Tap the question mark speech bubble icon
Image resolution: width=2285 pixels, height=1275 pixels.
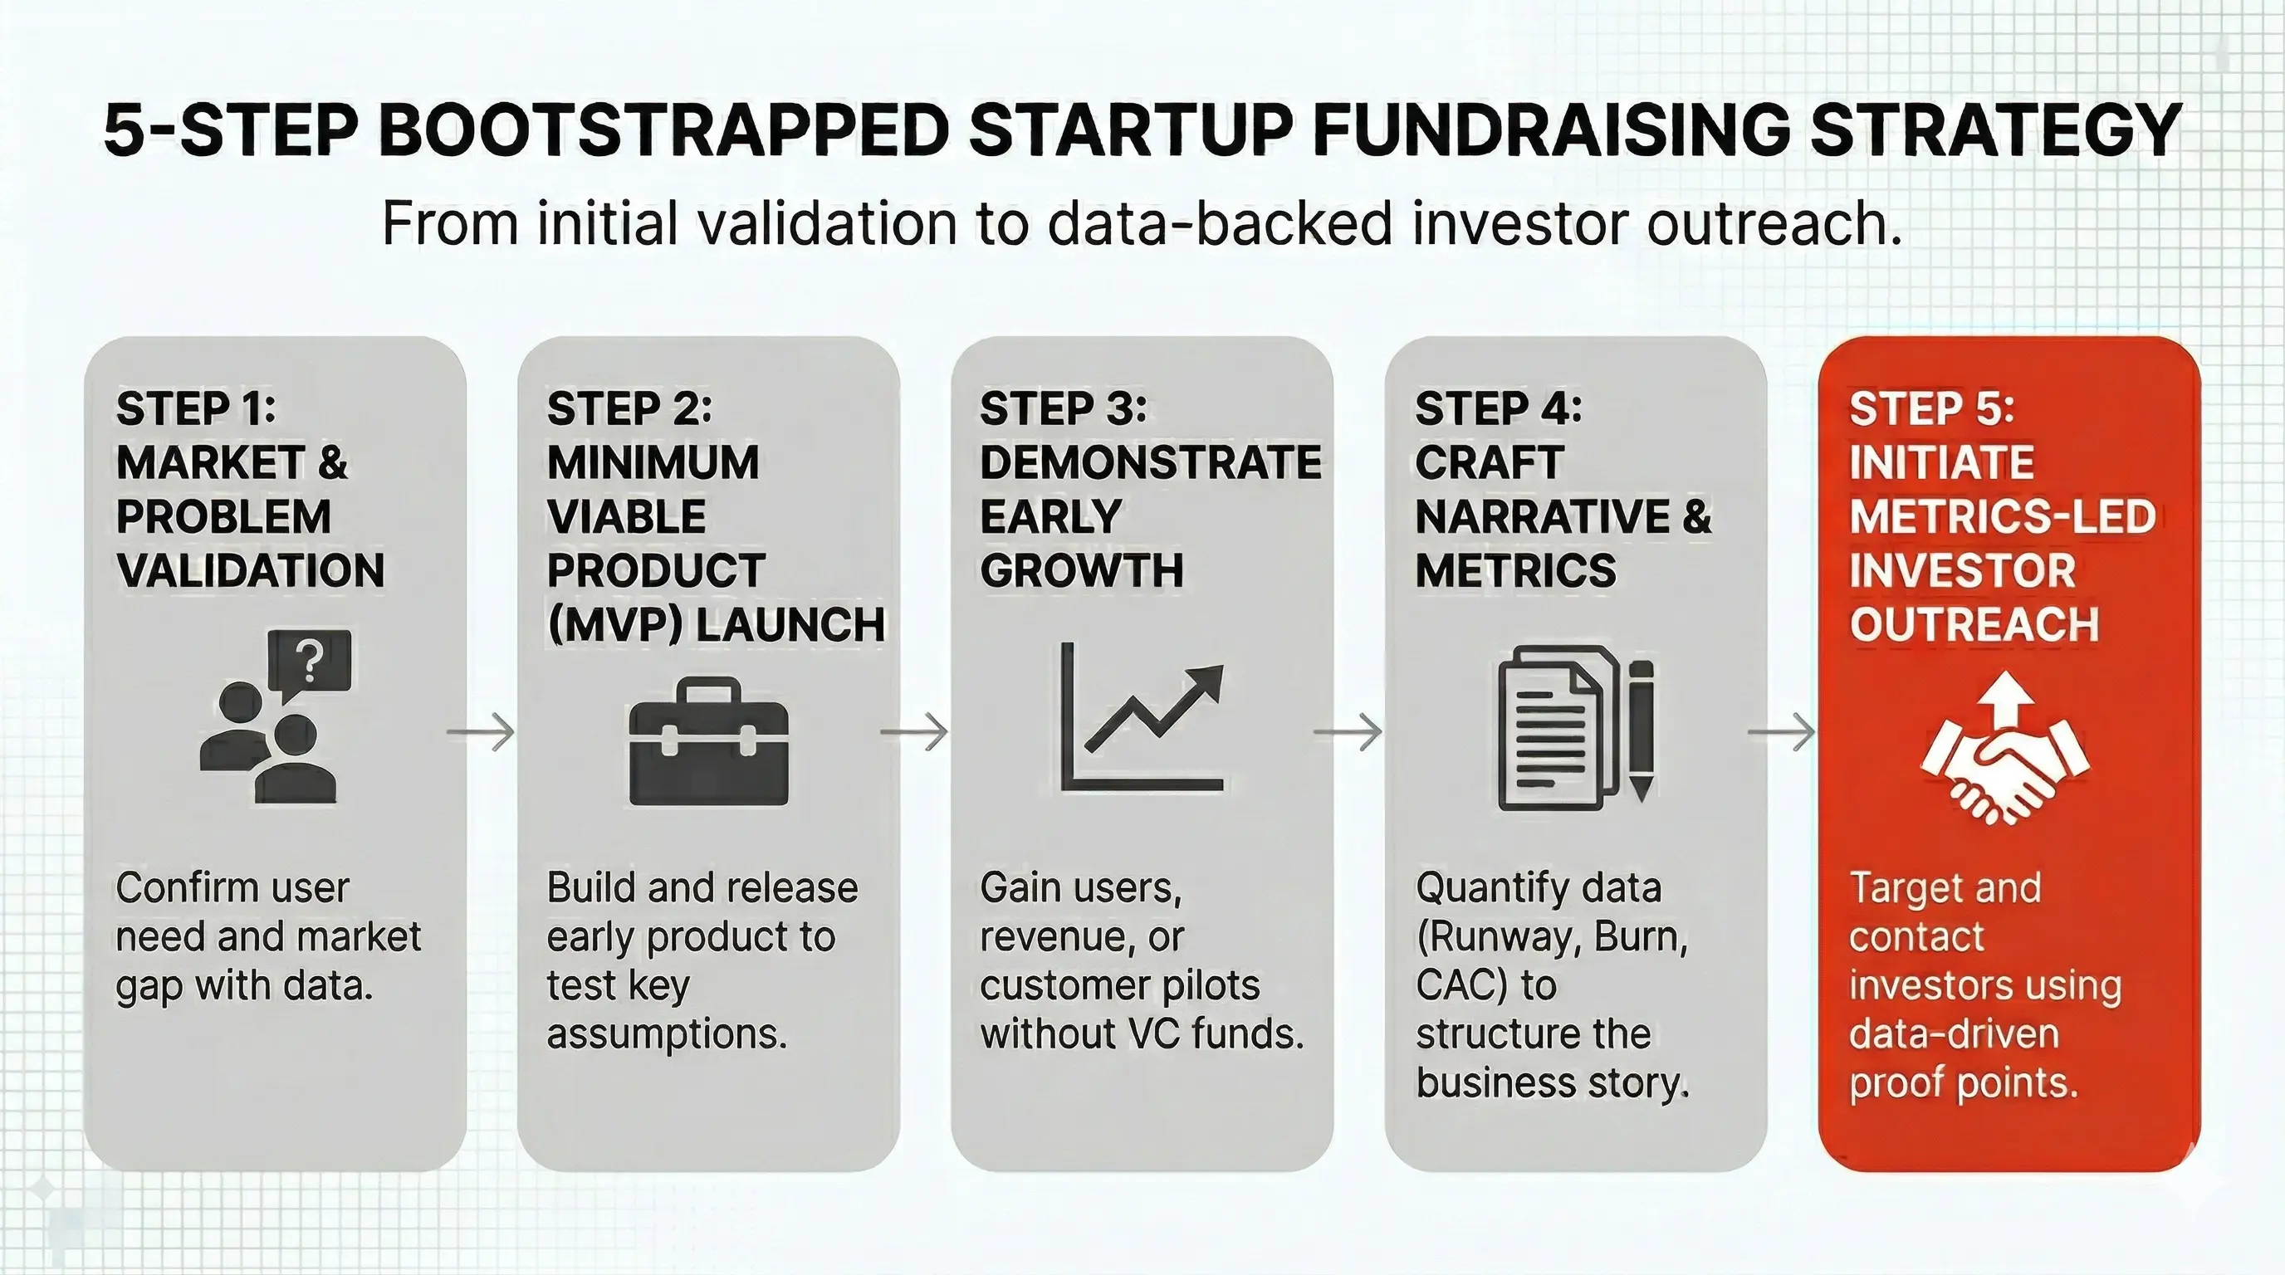pyautogui.click(x=310, y=663)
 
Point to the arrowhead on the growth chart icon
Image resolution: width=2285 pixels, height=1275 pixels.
pyautogui.click(x=1209, y=681)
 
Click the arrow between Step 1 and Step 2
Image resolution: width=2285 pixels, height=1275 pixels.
pyautogui.click(x=481, y=732)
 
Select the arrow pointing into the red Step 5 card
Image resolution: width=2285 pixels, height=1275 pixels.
pyautogui.click(x=1782, y=732)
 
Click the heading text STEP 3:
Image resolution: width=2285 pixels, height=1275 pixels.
pyautogui.click(x=1063, y=408)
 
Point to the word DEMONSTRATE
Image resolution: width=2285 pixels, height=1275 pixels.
pyautogui.click(x=1151, y=463)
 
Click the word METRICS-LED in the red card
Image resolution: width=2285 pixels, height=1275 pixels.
pyautogui.click(x=2002, y=517)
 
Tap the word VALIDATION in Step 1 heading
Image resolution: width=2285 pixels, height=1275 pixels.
pyautogui.click(x=250, y=570)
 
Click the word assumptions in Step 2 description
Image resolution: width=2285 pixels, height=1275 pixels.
pyautogui.click(x=667, y=1033)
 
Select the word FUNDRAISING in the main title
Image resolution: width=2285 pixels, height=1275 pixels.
pyautogui.click(x=1550, y=131)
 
